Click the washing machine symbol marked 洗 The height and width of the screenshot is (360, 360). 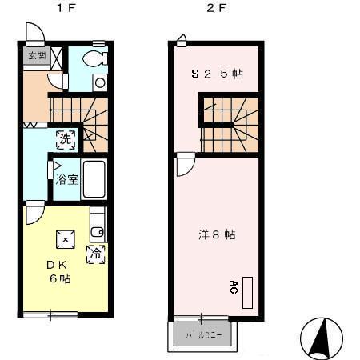66,138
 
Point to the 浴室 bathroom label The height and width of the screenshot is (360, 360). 66,179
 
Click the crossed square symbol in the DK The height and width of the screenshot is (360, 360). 64,238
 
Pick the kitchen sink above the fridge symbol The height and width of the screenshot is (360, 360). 97,231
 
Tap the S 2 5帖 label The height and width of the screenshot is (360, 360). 216,74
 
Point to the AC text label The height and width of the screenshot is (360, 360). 234,287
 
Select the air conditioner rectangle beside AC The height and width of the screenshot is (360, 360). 247,294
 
